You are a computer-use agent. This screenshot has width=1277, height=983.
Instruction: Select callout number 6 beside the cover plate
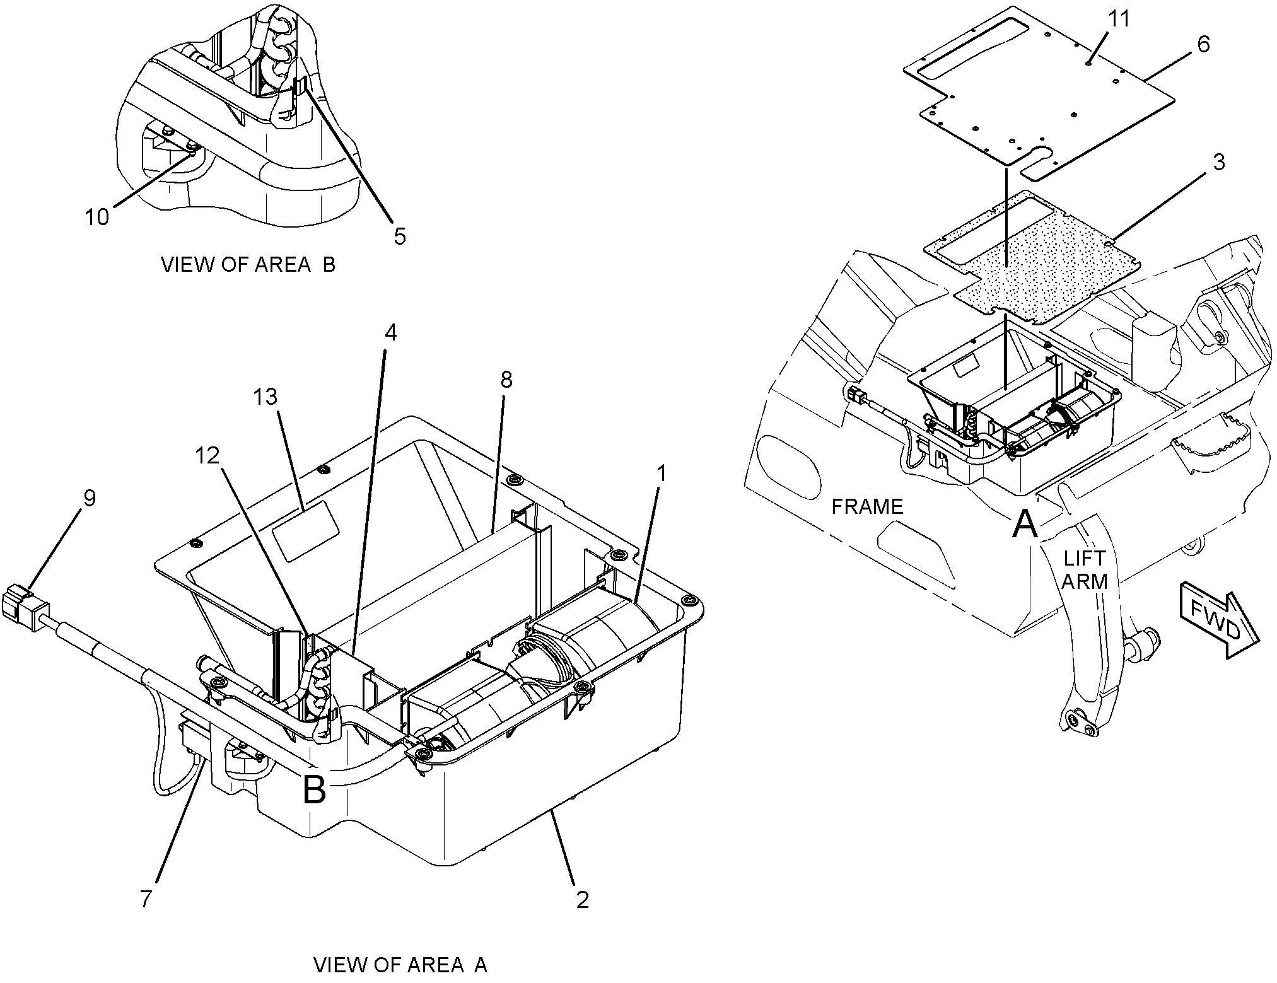click(1203, 45)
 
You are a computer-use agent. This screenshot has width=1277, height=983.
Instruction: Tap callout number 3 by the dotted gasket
click(1219, 162)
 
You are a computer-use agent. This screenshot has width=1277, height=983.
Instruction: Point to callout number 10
click(97, 217)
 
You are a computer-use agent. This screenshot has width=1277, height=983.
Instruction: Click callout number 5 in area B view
click(400, 236)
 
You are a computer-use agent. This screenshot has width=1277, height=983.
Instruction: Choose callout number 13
click(265, 397)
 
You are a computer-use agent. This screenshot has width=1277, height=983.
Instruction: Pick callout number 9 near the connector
click(90, 498)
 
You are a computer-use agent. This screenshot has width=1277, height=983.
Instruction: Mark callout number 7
click(146, 899)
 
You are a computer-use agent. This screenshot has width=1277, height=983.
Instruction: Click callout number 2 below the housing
click(582, 900)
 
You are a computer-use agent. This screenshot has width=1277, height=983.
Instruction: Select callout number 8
click(506, 380)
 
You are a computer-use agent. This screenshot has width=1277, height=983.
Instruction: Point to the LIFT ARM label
click(1084, 570)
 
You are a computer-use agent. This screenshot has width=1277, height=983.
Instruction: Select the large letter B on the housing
click(314, 789)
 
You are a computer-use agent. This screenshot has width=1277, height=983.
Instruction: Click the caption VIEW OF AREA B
click(248, 265)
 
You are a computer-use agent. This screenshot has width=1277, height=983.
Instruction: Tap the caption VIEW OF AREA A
click(400, 965)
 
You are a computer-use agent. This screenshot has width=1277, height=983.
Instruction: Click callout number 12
click(207, 455)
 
